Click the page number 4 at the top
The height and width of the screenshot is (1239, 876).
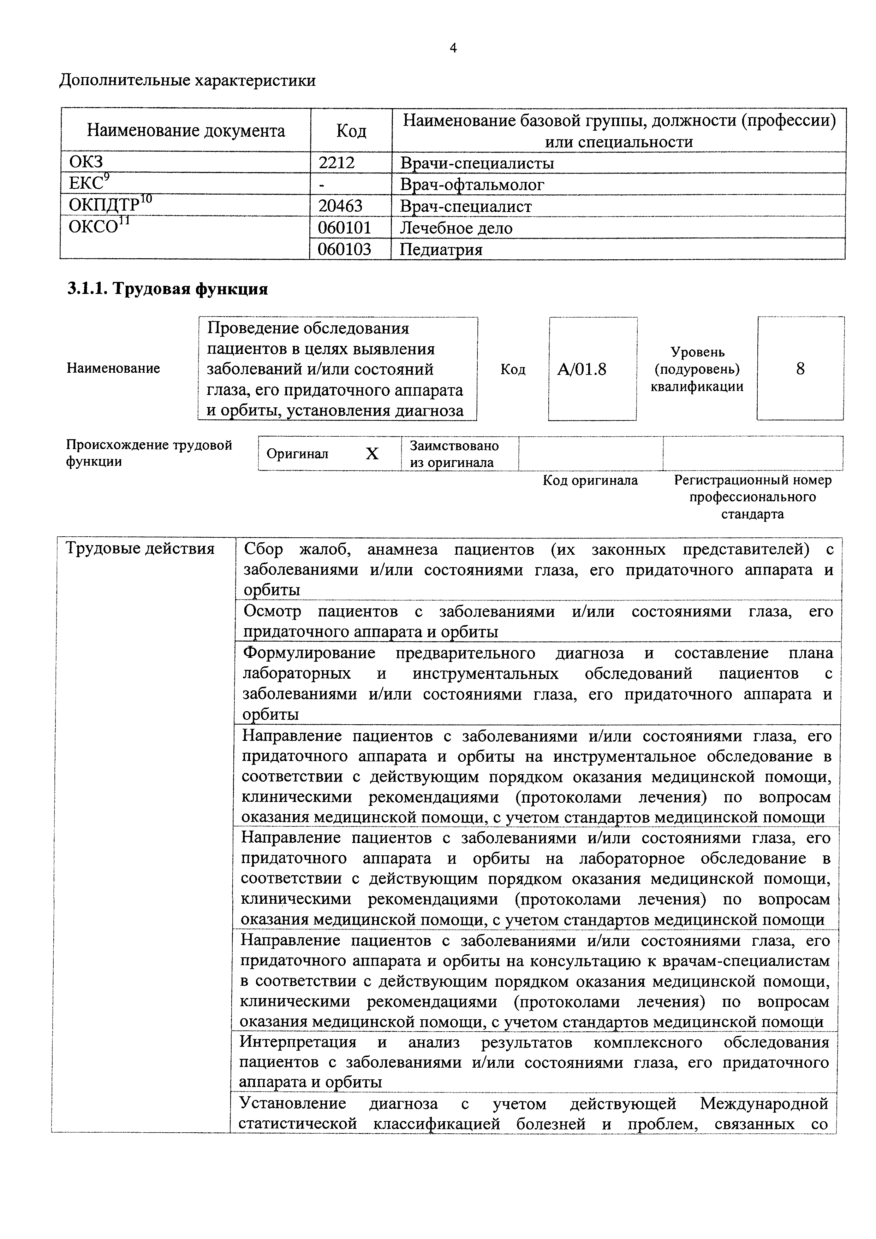click(453, 48)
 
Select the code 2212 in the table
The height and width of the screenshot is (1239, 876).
click(336, 163)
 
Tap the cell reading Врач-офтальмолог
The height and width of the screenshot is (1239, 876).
click(472, 184)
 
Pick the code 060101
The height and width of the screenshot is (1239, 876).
click(344, 228)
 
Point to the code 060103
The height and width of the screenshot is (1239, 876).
click(344, 249)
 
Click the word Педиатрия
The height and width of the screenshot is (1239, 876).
click(441, 249)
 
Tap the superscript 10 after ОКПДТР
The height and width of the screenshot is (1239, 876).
click(145, 200)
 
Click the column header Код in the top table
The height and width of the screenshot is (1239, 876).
click(351, 131)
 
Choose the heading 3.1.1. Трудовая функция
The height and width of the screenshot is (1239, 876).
click(167, 289)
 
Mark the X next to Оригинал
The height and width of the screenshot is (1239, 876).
click(372, 454)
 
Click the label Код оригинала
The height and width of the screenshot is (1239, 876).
click(590, 480)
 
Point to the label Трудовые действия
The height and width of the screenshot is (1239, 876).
click(140, 549)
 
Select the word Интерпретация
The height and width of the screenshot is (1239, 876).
click(298, 1042)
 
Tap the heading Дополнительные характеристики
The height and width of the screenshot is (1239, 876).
click(187, 81)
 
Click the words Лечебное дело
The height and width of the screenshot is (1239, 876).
click(456, 228)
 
